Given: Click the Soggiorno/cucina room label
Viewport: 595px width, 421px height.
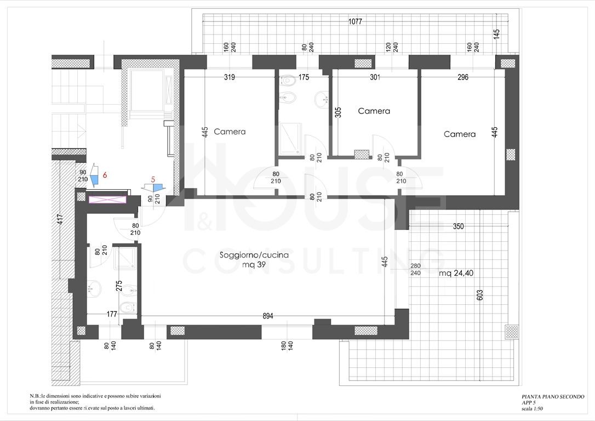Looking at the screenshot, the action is [x=254, y=255].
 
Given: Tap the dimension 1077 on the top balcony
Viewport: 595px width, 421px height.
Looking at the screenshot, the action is [x=355, y=21].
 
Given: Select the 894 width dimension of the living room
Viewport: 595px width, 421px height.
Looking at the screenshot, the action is [x=268, y=316].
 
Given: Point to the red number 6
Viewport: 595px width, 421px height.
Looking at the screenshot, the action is [x=105, y=175].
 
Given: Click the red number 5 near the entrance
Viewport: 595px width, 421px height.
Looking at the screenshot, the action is [x=153, y=180].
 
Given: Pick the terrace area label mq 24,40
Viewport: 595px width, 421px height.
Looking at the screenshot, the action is [x=456, y=273].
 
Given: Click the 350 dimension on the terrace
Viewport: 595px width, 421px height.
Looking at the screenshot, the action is [x=459, y=226].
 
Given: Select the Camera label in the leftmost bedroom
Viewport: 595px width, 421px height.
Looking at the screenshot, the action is [x=230, y=132].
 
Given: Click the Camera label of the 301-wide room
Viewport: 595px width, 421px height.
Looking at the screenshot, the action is [x=374, y=111].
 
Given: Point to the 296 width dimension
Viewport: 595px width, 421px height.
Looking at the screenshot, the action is [x=463, y=77].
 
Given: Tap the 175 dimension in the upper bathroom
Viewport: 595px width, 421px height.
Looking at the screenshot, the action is [x=304, y=77].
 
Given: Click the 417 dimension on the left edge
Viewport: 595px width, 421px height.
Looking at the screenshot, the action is [x=60, y=220].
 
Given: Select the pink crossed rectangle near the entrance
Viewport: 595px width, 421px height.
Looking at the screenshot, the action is [x=107, y=200].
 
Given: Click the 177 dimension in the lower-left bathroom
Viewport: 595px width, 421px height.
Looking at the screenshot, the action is [x=112, y=314].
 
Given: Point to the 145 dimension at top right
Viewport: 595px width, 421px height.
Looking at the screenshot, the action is [x=497, y=34].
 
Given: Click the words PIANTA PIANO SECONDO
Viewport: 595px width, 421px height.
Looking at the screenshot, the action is [x=553, y=397].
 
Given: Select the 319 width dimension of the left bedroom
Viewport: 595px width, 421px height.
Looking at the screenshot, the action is [x=229, y=77].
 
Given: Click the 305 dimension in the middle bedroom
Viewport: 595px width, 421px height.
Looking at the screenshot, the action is [x=339, y=112].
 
